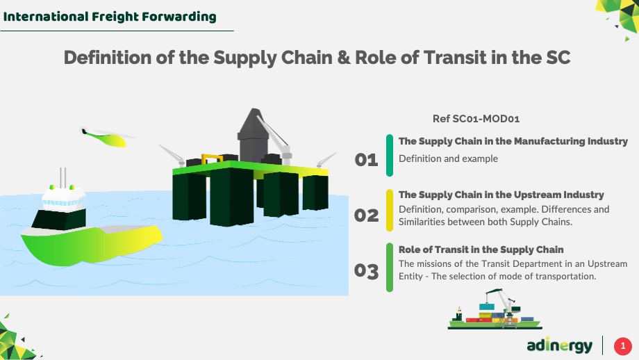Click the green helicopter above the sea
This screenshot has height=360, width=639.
[x=104, y=138]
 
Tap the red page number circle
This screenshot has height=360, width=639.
[x=623, y=346]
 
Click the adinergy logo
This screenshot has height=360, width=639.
[x=560, y=345]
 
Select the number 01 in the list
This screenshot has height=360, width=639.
[x=366, y=159]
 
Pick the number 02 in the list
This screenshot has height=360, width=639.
[x=366, y=215]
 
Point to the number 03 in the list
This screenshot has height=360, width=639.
[x=366, y=271]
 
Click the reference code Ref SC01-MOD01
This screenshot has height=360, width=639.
[x=476, y=119]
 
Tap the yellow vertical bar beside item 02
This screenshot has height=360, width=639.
[x=390, y=211]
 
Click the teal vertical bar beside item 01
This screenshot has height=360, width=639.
[x=390, y=156]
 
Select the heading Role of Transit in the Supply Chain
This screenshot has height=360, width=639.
[x=481, y=249]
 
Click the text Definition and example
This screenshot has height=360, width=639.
[x=448, y=158]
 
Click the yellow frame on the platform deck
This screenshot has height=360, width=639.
[x=212, y=159]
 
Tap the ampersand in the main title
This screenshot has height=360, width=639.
[x=344, y=58]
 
